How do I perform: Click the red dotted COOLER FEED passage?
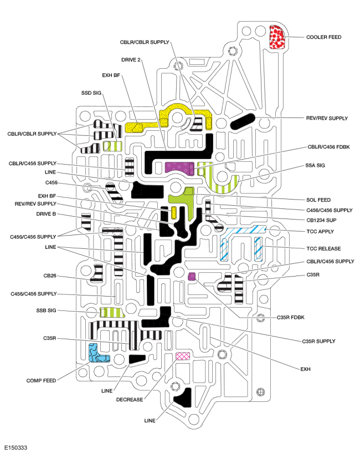click(277, 37)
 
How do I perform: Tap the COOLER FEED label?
click(323, 37)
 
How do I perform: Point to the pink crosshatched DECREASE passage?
click(183, 356)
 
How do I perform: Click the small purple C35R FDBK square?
click(192, 276)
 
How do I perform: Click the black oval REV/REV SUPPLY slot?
click(243, 121)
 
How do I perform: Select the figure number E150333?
click(16, 448)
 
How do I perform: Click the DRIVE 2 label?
click(131, 60)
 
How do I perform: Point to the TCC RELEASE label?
click(323, 248)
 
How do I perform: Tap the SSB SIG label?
click(46, 310)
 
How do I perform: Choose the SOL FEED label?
click(318, 200)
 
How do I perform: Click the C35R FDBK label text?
click(291, 317)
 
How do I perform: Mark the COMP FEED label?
click(41, 380)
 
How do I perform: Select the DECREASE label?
click(130, 400)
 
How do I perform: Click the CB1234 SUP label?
click(321, 220)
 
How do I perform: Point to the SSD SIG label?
click(91, 93)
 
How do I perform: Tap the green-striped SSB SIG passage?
click(112, 313)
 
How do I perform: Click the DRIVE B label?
click(46, 214)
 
